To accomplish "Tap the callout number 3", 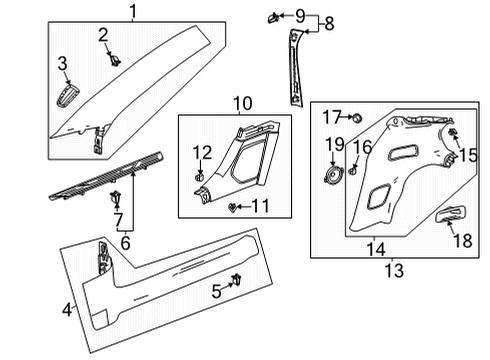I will click(62, 66).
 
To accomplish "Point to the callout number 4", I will click(67, 310).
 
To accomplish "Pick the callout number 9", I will click(298, 15).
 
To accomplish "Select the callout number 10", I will click(244, 103).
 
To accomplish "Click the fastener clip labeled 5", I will click(238, 278).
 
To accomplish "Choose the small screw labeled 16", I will click(353, 169).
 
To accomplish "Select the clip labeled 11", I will click(233, 208).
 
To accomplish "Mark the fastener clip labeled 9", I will click(272, 16).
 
